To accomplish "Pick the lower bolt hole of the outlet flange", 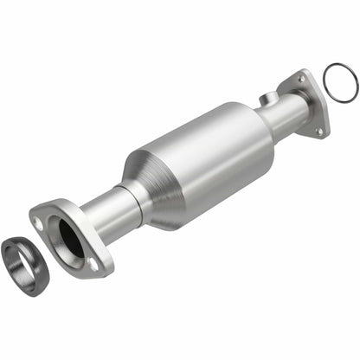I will pos(319,130).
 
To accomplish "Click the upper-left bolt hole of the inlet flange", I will pos(39,222).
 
